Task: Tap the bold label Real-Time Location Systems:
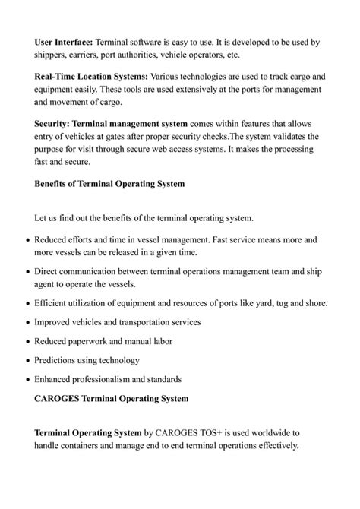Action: pos(92,77)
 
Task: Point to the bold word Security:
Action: pos(54,123)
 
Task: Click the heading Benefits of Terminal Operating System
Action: pos(109,183)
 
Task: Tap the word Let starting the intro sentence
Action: pos(43,219)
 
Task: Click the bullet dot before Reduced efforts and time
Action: pos(28,240)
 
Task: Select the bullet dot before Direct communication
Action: pos(28,271)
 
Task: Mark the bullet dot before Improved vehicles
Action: pos(28,322)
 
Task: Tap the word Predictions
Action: pos(60,359)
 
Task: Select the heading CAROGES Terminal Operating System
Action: pos(112,398)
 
